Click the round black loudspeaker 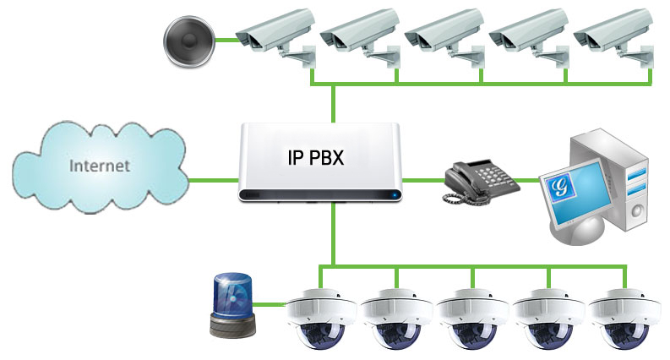click(x=189, y=41)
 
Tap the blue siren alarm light click(x=233, y=305)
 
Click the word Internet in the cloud click(x=100, y=166)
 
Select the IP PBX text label click(x=316, y=157)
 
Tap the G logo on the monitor click(x=559, y=187)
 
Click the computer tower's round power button click(x=637, y=210)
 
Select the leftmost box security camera click(x=276, y=38)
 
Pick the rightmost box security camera click(x=613, y=38)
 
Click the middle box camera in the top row click(x=444, y=38)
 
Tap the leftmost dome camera click(x=321, y=319)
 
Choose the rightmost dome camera click(x=624, y=319)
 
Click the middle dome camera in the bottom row click(x=472, y=319)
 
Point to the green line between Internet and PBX click(x=213, y=181)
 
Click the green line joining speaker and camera click(x=226, y=41)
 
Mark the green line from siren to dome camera click(x=269, y=305)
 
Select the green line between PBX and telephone click(x=423, y=181)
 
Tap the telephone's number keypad click(x=492, y=174)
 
